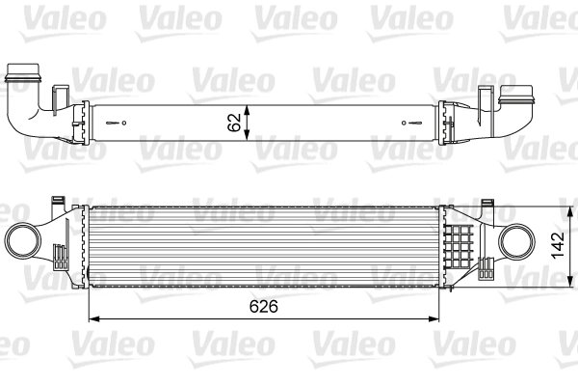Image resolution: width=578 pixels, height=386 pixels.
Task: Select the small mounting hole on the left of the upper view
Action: (121, 122)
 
